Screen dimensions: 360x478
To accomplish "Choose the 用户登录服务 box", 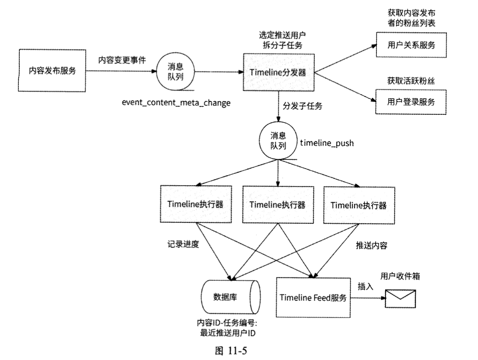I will point(411,101).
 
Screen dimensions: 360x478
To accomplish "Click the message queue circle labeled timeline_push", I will point(278,143).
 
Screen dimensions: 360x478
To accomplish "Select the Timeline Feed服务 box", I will point(313,297).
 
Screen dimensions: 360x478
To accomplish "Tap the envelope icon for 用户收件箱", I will point(399,298).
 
